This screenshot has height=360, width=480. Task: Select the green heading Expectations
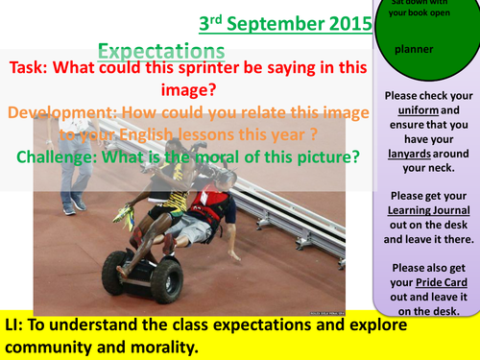(162, 51)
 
